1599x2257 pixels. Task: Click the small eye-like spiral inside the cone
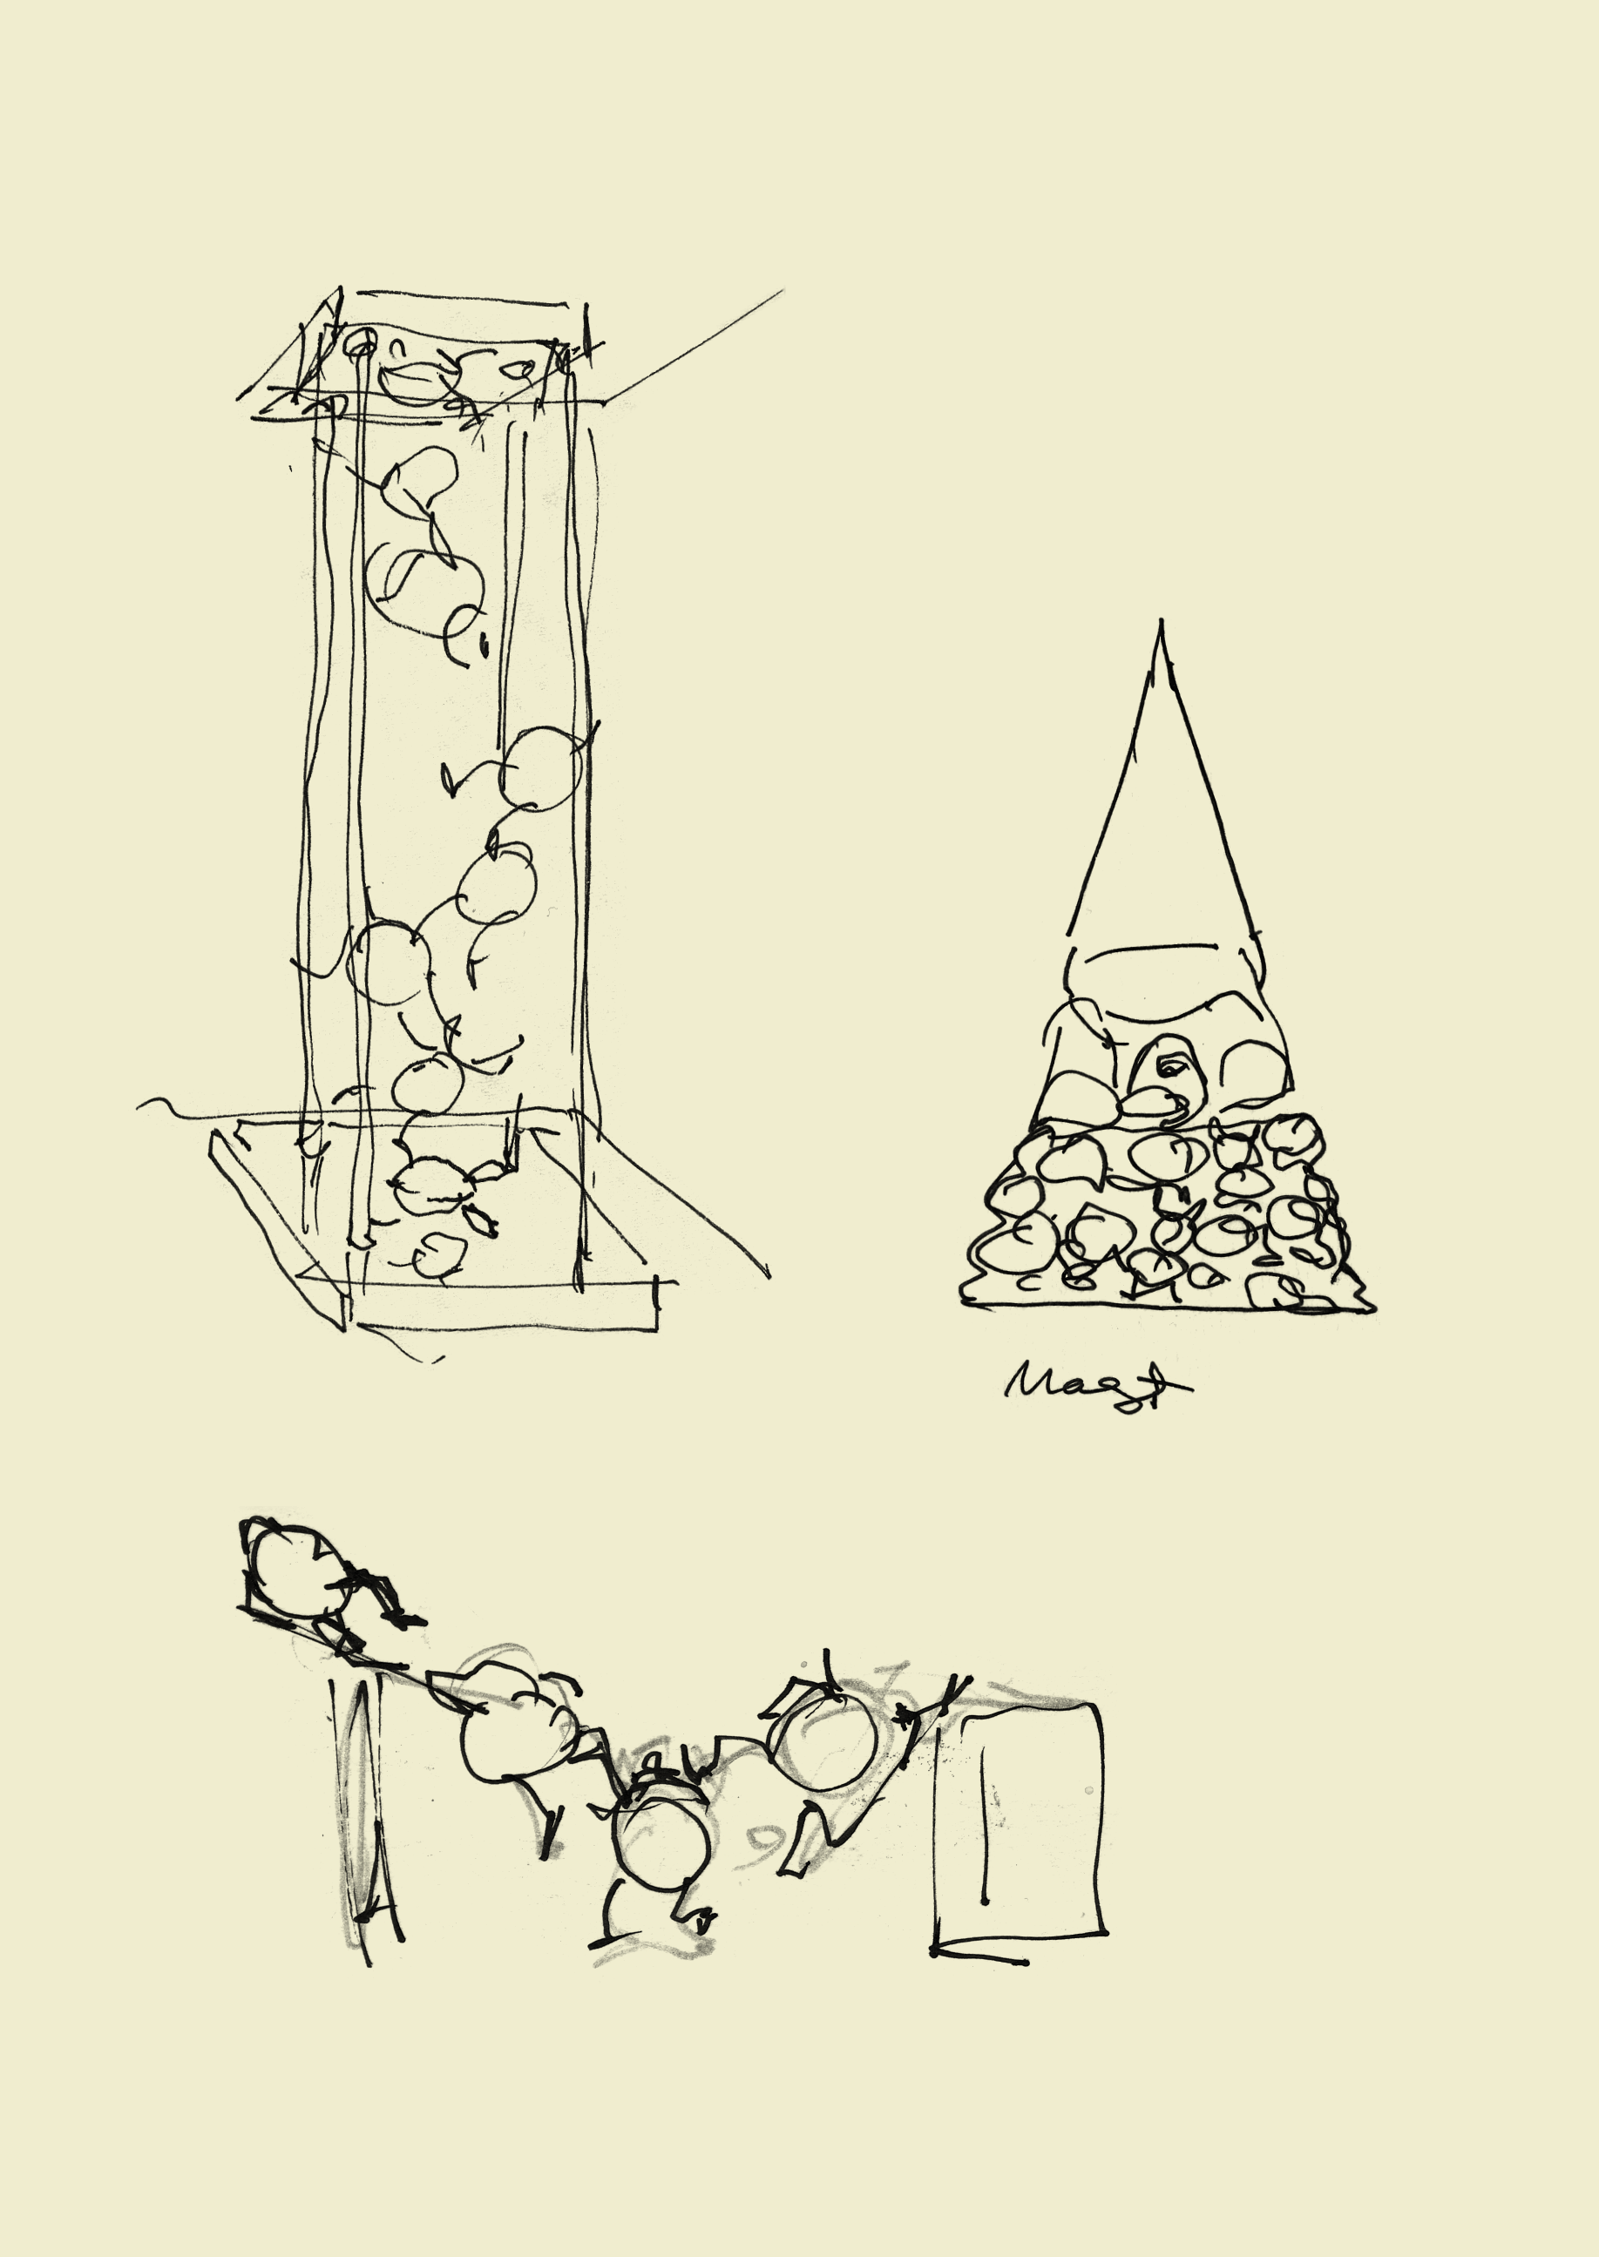point(1169,1065)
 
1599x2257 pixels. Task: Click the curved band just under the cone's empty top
point(1162,949)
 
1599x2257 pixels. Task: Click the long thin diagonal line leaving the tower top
point(694,344)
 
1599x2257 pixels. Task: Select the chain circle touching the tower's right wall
point(538,767)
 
